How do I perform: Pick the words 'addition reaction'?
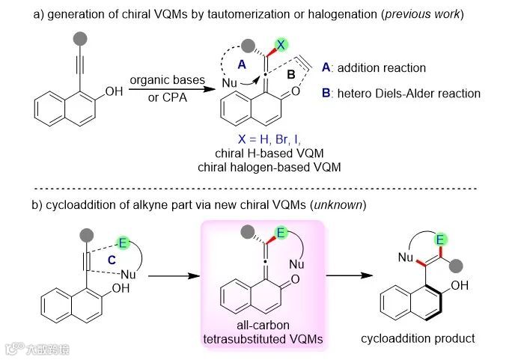[x=382, y=68]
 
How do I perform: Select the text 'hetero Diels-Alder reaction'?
[x=409, y=94]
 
